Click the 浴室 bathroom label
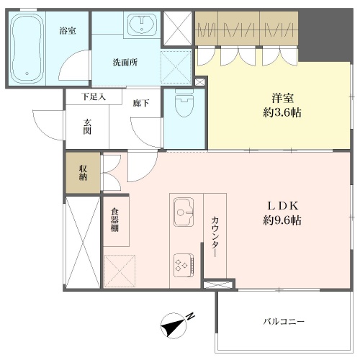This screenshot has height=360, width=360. coord(68,31)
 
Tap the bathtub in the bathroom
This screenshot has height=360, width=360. coord(27,48)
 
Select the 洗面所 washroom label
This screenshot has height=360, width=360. coord(125,63)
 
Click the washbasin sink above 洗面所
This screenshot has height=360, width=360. coord(143,24)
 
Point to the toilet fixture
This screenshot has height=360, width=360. coord(184,103)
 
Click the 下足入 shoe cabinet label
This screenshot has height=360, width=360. coord(94,96)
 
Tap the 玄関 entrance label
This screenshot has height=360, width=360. coord(87,127)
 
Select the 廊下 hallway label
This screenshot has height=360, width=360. coord(141,103)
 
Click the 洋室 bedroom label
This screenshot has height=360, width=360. coord(282,98)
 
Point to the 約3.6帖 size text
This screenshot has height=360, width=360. coord(282,112)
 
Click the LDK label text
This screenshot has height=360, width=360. coord(283,206)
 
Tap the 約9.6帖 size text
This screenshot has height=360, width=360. coord(282,220)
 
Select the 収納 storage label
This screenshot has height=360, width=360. coord(83,173)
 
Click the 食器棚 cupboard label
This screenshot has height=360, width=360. coord(114,220)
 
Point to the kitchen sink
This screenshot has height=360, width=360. coord(184,212)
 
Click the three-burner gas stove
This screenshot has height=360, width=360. coord(184,265)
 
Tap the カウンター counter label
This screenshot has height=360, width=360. coord(215,237)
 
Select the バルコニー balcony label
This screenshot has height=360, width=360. coord(284,321)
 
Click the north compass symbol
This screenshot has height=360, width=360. coord(174,325)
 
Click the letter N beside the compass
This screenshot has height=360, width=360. coord(191,316)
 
